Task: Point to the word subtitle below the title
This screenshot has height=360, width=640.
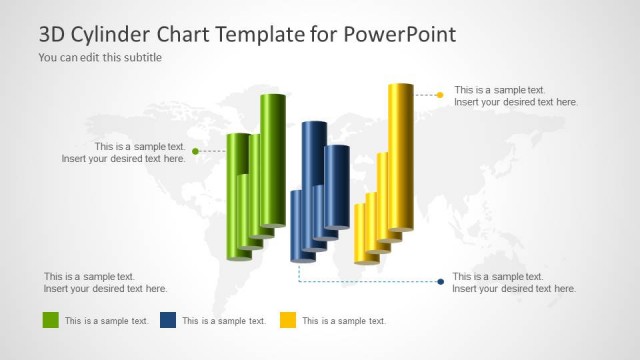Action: click(x=141, y=57)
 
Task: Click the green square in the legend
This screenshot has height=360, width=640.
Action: click(x=51, y=320)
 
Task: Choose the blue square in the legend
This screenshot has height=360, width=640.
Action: click(x=168, y=320)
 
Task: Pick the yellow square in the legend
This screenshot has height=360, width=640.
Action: click(x=287, y=320)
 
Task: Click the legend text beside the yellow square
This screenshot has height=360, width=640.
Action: click(x=344, y=321)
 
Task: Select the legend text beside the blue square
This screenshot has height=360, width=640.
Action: click(x=224, y=321)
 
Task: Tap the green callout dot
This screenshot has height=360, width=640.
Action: click(x=195, y=151)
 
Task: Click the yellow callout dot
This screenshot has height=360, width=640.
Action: click(x=440, y=95)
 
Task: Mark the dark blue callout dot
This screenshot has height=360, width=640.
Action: click(x=441, y=282)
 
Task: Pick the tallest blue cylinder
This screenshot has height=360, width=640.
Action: click(x=314, y=175)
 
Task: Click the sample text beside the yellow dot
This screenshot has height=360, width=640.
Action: click(x=516, y=96)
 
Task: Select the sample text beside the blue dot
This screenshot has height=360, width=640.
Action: click(x=514, y=282)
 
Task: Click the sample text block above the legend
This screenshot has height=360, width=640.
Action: click(x=105, y=282)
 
